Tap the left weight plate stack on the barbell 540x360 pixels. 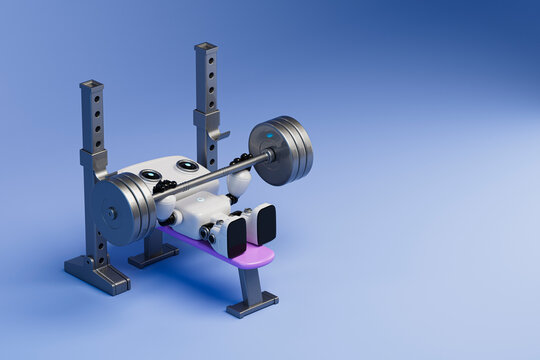point(125,209)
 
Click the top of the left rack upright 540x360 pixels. point(91,85)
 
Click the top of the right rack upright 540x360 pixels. point(205,47)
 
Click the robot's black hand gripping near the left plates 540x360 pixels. point(164,186)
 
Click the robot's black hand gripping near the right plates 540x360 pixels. point(240,160)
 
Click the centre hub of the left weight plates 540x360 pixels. point(112,212)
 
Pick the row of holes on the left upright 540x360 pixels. point(97,120)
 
